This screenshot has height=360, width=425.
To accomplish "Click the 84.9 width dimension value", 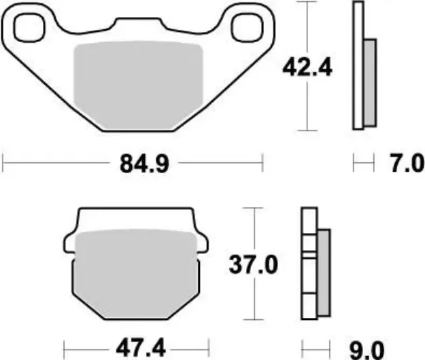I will pos(135,164).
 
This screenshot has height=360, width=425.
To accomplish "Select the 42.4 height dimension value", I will pos(307,67).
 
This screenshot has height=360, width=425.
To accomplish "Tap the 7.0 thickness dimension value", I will pos(407,164).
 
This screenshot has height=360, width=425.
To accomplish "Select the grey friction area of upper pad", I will pos(138,87).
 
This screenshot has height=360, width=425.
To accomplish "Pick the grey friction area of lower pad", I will pos(135,272).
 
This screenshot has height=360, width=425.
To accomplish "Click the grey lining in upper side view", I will pos(369,82).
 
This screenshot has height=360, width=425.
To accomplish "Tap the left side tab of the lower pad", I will pos(70,241).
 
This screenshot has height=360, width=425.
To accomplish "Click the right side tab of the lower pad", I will pos(200,241).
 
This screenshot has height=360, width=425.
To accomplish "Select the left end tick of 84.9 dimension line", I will pos(4,163).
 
